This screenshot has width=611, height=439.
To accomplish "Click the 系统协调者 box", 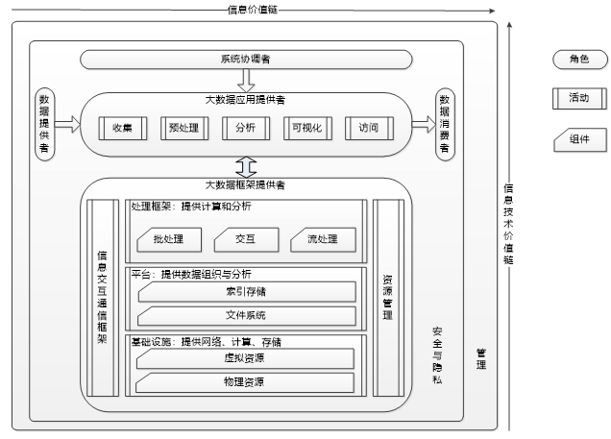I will pyautogui.click(x=244, y=60).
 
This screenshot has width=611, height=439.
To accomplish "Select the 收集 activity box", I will pyautogui.click(x=122, y=127).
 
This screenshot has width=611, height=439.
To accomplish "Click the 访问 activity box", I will pyautogui.click(x=369, y=127).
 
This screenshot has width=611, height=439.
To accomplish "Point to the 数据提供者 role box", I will pyautogui.click(x=44, y=124).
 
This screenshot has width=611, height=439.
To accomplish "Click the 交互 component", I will pyautogui.click(x=244, y=238).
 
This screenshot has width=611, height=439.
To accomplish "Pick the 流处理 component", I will pyautogui.click(x=317, y=238).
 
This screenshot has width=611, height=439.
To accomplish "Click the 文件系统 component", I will pyautogui.click(x=246, y=315).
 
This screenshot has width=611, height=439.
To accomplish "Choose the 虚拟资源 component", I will pyautogui.click(x=246, y=359).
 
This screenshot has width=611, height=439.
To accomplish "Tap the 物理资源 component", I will pyautogui.click(x=246, y=382).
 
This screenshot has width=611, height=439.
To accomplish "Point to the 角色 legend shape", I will pyautogui.click(x=577, y=61).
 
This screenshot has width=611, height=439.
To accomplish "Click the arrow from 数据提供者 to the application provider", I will pyautogui.click(x=67, y=124).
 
